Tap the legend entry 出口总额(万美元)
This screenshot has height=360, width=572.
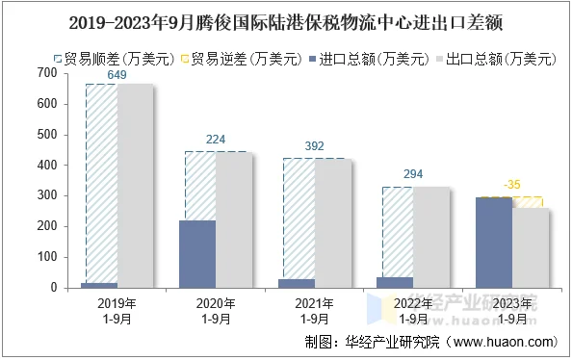pos(501,59)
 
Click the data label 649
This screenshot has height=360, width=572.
pos(117,75)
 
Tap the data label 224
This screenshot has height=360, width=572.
pos(216,140)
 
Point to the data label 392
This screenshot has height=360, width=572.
pos(315,146)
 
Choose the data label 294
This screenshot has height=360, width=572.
pos(413,175)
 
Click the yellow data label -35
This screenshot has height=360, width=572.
pos(512,185)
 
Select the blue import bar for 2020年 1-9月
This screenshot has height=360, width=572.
pos(198,254)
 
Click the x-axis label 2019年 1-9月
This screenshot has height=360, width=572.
pos(117,310)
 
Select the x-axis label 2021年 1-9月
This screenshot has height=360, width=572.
pos(315,310)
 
